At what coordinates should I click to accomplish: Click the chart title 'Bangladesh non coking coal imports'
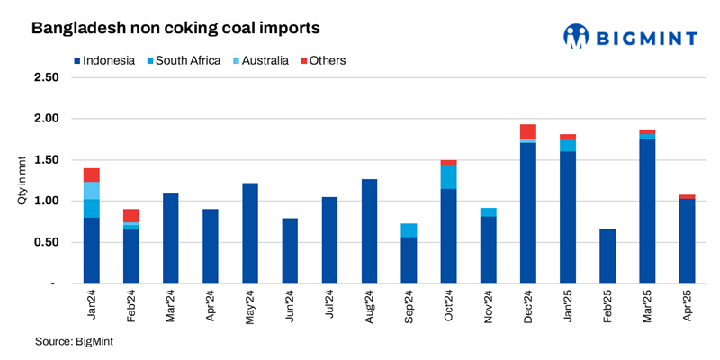tap(175, 29)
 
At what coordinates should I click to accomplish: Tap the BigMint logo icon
tap(576, 36)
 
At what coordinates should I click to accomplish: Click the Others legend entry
tap(320, 61)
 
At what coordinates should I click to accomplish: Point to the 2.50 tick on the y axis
tap(46, 77)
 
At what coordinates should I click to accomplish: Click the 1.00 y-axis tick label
tap(46, 201)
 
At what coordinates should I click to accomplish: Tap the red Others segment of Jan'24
tap(92, 175)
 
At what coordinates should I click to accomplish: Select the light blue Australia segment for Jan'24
tap(92, 191)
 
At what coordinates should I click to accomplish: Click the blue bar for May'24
tap(250, 233)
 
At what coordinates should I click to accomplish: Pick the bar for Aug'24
tap(369, 231)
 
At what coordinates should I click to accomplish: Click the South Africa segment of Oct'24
tap(448, 177)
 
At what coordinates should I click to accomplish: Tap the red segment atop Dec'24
tap(527, 131)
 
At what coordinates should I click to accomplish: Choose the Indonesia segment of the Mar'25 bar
tap(646, 211)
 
